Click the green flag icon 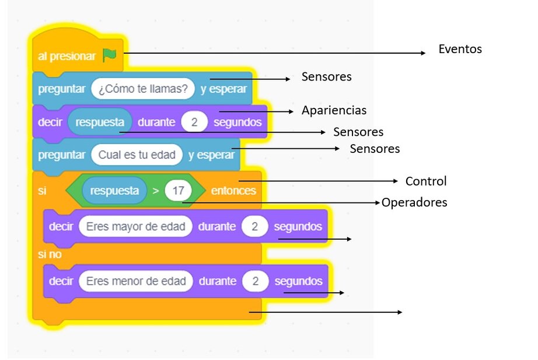pos(109,55)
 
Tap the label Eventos pos(460,49)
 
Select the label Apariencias pos(334,110)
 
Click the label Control pos(426,181)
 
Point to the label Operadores pos(414,202)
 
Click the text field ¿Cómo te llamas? pos(143,89)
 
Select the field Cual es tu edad pos(137,155)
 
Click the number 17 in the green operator pos(179,191)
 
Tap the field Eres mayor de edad pos(135,226)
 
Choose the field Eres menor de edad pos(135,281)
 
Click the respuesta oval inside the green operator pos(114,191)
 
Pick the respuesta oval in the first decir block pos(100,123)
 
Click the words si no pos(50,254)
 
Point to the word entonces pos(233,191)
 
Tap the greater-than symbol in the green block pos(156,191)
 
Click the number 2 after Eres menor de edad pos(256,281)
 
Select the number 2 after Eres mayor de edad pos(255,226)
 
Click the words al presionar pos(66,56)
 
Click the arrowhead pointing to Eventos pos(424,53)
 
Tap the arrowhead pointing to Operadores pos(378,202)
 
